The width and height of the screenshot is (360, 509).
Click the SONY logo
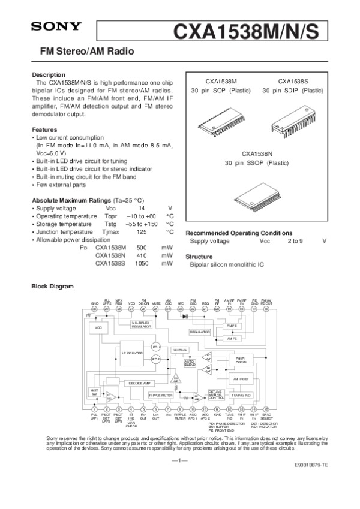point(52,26)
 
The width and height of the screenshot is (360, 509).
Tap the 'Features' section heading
point(44,129)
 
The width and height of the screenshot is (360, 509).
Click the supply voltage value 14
point(142,207)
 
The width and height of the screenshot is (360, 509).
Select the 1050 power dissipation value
point(142,263)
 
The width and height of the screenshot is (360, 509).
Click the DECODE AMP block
point(139,382)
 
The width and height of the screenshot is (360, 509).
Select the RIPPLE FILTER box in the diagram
point(161,396)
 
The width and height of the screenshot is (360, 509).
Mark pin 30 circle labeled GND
point(94,309)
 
